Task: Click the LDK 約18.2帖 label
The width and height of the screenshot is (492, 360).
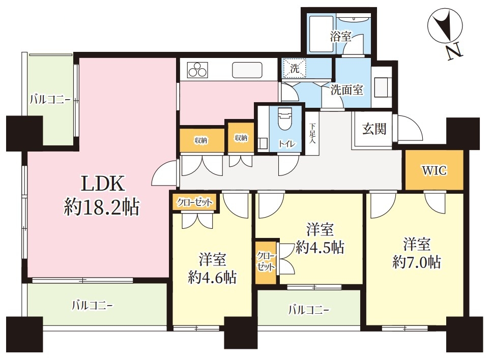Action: tap(101, 195)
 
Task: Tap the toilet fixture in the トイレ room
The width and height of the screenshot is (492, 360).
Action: tap(285, 118)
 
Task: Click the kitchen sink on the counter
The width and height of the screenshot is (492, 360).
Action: tap(247, 70)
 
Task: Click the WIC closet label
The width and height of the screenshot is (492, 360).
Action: tap(435, 170)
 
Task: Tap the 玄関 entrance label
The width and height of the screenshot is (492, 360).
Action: tap(374, 129)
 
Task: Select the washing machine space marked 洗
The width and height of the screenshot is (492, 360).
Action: tap(294, 68)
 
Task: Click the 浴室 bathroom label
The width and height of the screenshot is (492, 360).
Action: tap(340, 37)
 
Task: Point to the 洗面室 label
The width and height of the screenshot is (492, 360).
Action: tap(346, 90)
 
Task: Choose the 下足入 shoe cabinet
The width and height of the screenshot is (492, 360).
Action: tap(312, 133)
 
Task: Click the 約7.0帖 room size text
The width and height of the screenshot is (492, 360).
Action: tap(417, 262)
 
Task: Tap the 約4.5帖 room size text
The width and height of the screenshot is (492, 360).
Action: tap(320, 247)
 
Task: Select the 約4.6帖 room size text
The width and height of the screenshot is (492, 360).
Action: tap(212, 277)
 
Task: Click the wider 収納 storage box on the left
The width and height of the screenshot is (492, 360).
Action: tap(202, 140)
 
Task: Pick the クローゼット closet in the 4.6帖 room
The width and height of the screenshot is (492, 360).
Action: tap(194, 202)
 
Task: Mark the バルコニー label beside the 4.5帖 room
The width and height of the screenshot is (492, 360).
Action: tap(309, 311)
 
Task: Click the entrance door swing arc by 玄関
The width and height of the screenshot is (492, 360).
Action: tap(411, 128)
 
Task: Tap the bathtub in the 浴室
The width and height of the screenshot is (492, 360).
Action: tap(322, 34)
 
